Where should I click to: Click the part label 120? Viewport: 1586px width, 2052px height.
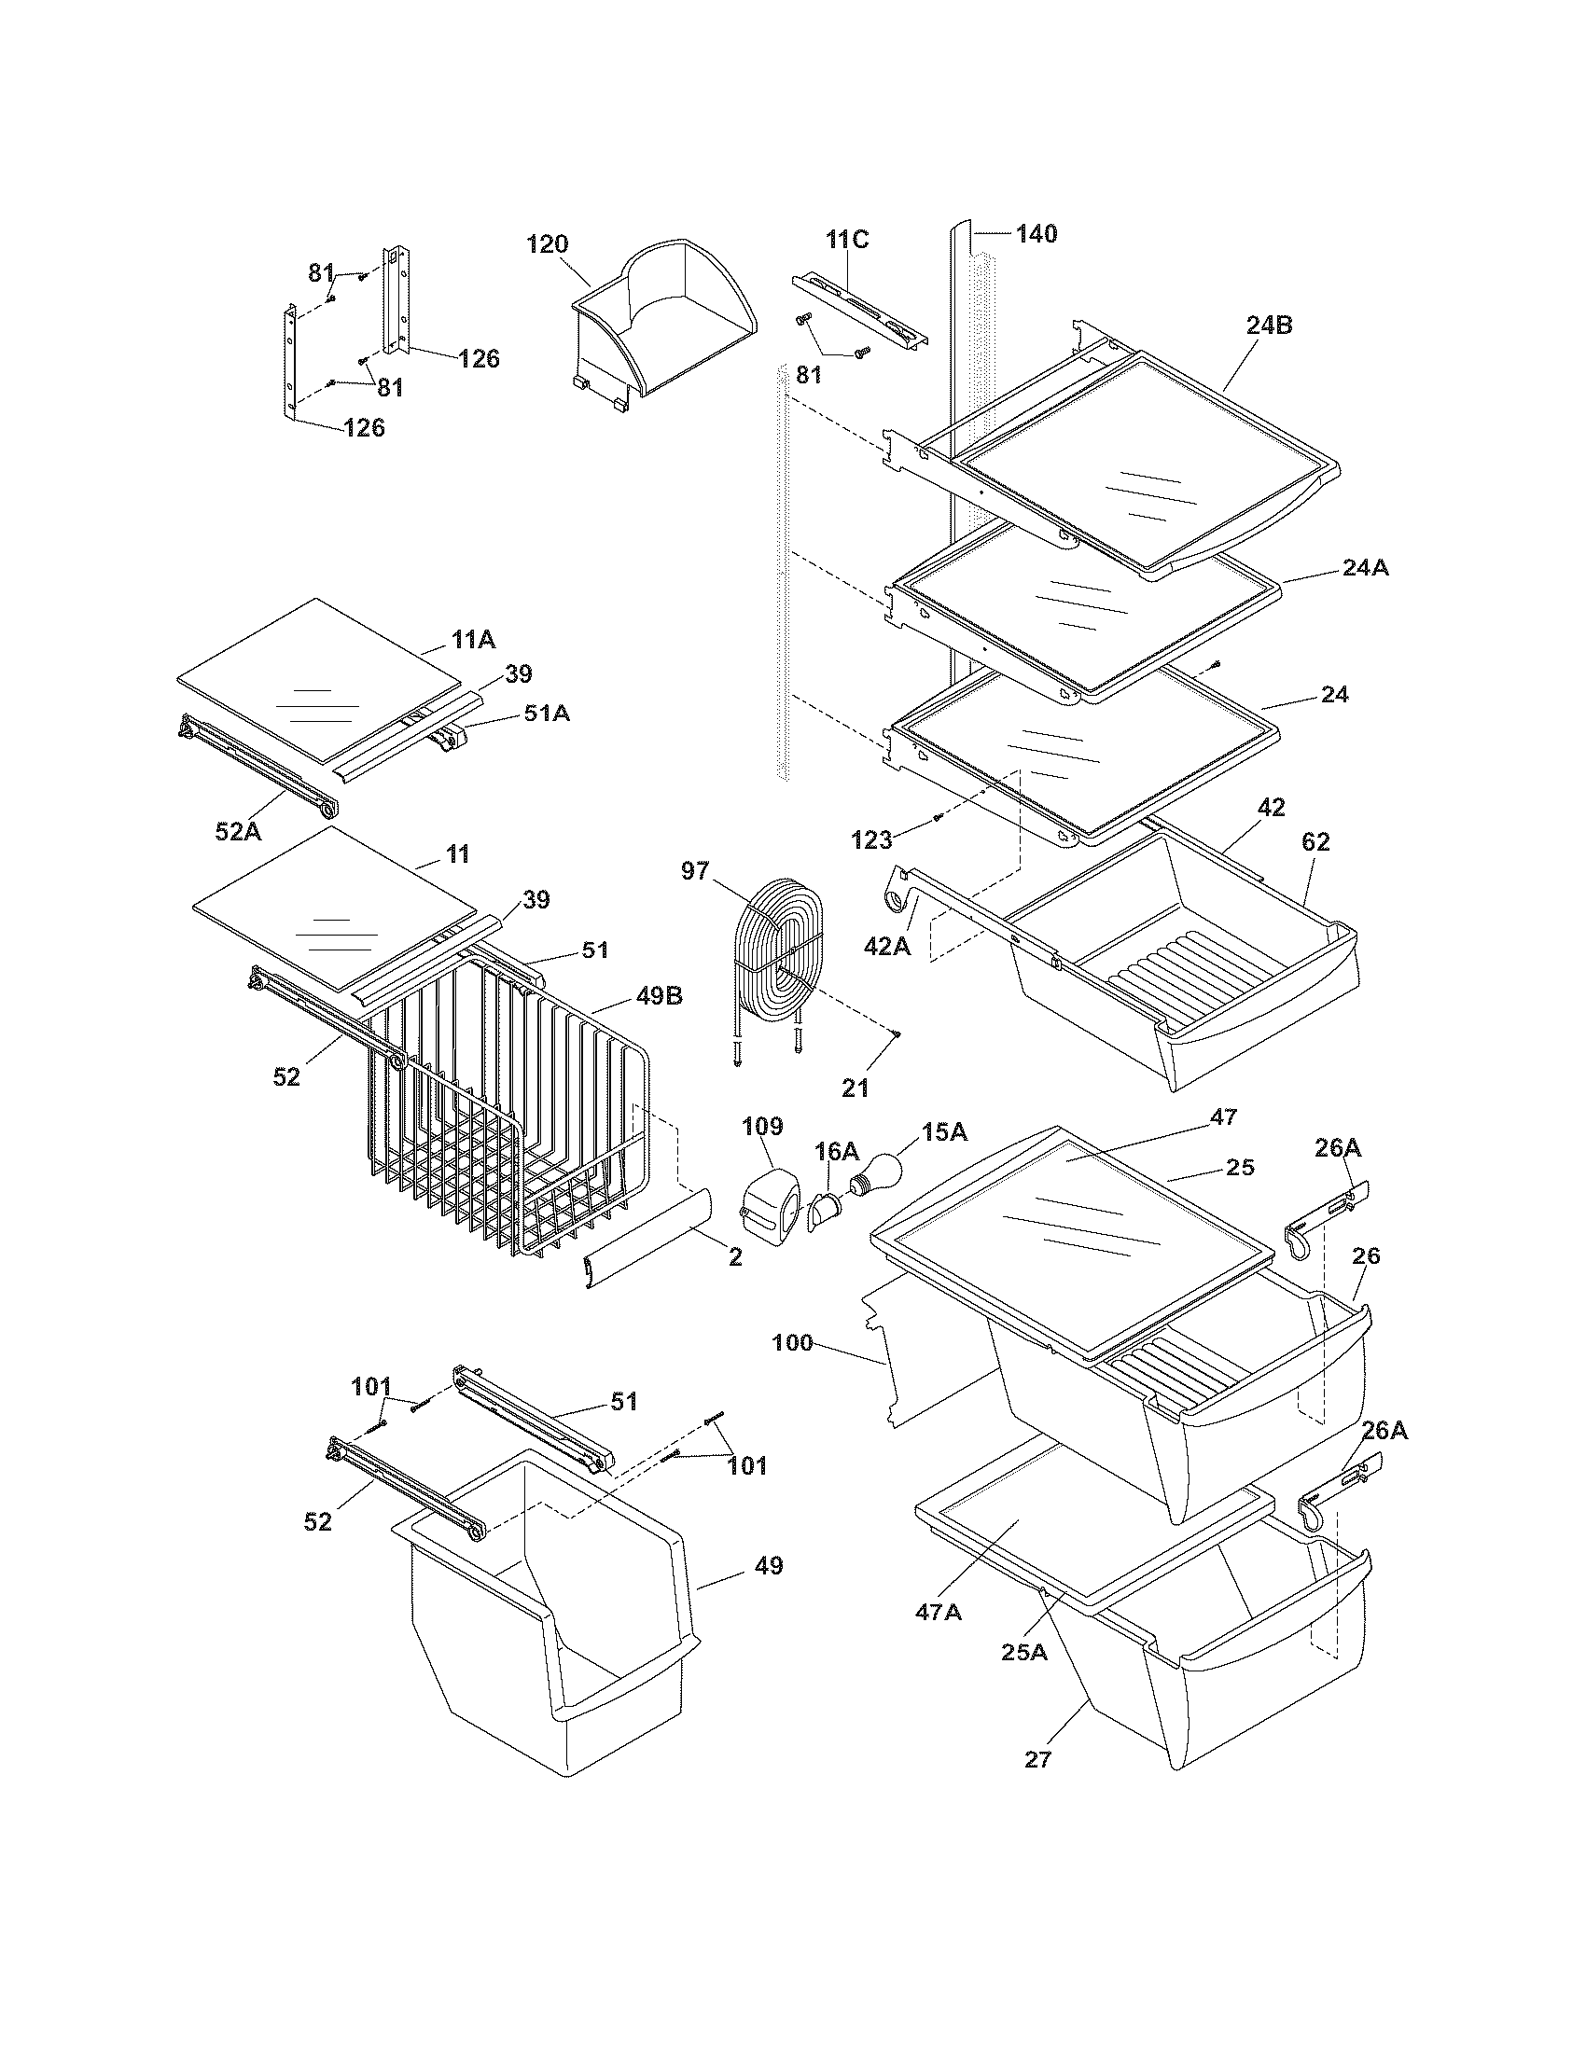(x=547, y=244)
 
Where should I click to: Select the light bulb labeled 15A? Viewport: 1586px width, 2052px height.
(x=879, y=1173)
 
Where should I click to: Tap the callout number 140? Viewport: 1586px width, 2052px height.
(x=1036, y=233)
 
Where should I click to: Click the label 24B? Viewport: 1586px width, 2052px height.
(x=1269, y=326)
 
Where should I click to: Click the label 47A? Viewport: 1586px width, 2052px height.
(x=939, y=1612)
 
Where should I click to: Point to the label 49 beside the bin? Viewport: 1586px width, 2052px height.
(x=768, y=1565)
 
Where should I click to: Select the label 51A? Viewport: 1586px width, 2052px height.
(x=547, y=714)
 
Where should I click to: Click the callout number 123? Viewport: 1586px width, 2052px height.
(x=871, y=839)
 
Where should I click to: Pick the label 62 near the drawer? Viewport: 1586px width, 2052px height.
(x=1315, y=842)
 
